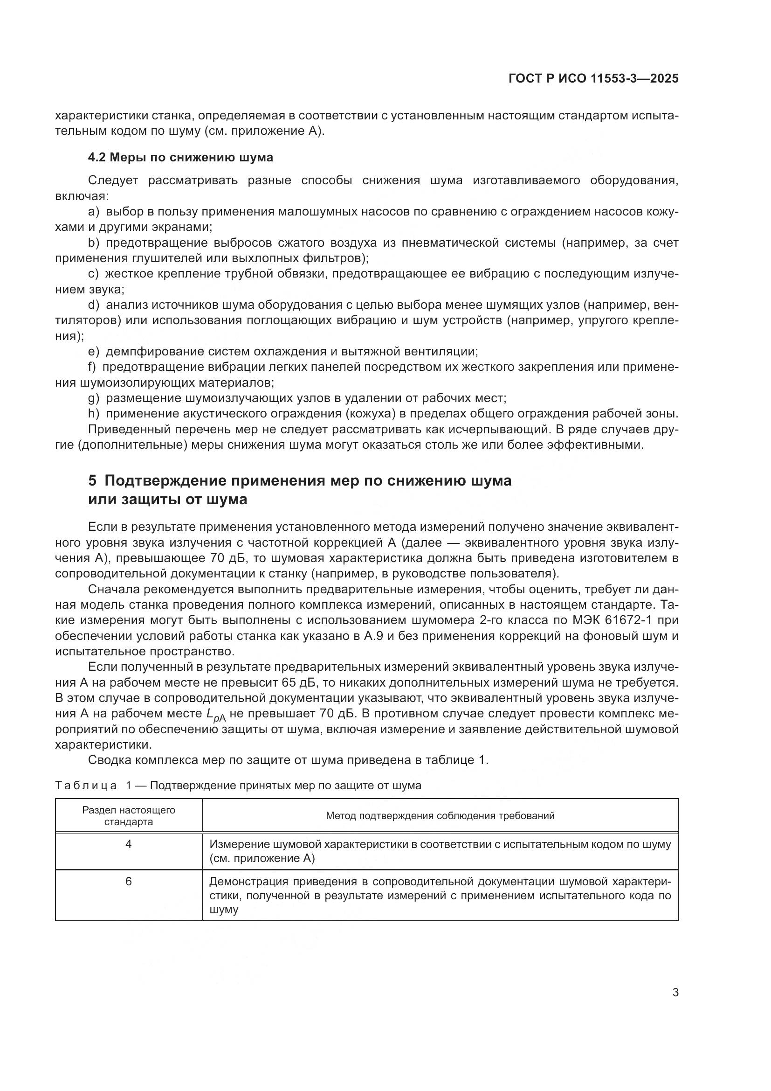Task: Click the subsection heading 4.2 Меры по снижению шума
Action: point(180,157)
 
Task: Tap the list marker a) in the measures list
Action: point(94,211)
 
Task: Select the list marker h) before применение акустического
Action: point(94,413)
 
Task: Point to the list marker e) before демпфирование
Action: point(94,351)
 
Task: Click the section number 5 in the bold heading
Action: point(92,480)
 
